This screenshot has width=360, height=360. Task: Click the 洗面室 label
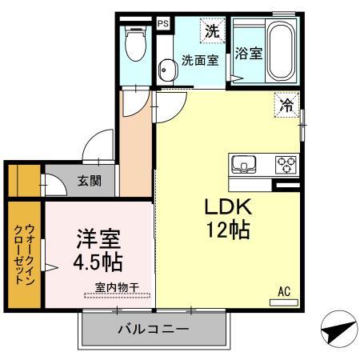click(198, 60)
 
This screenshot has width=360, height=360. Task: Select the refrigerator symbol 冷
click(286, 103)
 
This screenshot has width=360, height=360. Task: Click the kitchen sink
click(243, 166)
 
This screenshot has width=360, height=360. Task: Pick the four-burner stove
click(285, 166)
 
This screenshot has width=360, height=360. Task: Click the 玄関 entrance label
click(89, 182)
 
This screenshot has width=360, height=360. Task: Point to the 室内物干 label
click(117, 286)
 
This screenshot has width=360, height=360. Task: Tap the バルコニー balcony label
click(152, 329)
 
